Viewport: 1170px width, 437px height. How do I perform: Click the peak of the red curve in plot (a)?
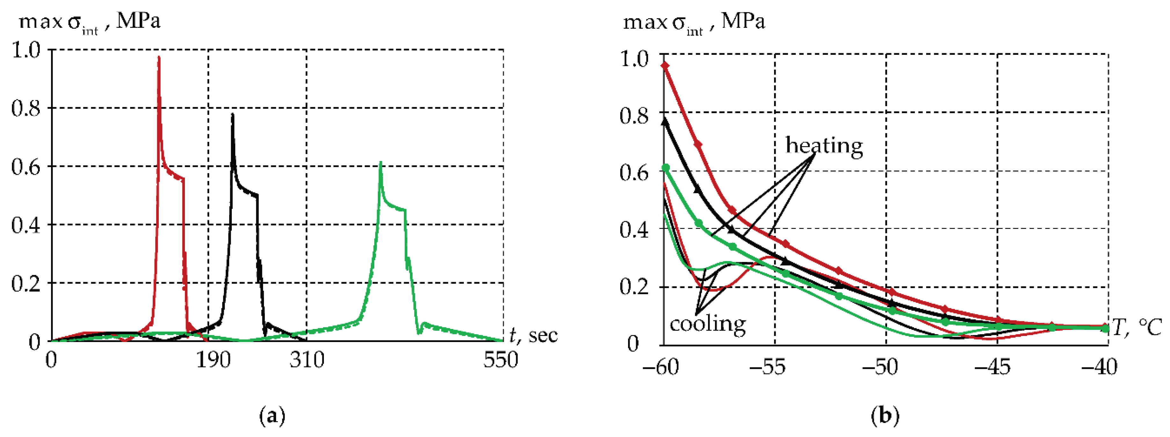point(158,57)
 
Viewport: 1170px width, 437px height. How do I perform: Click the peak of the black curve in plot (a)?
point(232,114)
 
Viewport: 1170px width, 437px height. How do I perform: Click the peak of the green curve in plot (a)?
point(381,163)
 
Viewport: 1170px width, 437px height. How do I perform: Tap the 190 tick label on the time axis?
point(213,360)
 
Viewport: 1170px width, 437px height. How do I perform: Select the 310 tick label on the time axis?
point(307,360)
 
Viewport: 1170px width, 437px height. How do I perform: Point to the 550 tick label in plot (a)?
point(501,360)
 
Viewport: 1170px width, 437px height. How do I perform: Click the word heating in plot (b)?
point(824,146)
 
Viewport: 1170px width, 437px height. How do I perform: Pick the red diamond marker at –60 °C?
point(665,66)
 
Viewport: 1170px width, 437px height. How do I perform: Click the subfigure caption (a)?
point(272,416)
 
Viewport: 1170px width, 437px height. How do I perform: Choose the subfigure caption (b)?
point(885,416)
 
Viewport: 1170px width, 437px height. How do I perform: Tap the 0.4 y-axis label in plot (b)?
point(634,230)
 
